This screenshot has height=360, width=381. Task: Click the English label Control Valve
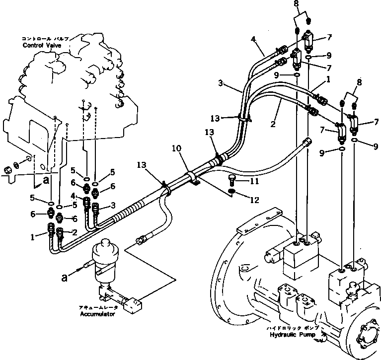pos(42,45)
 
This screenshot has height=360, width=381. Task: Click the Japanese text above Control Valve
pos(45,38)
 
